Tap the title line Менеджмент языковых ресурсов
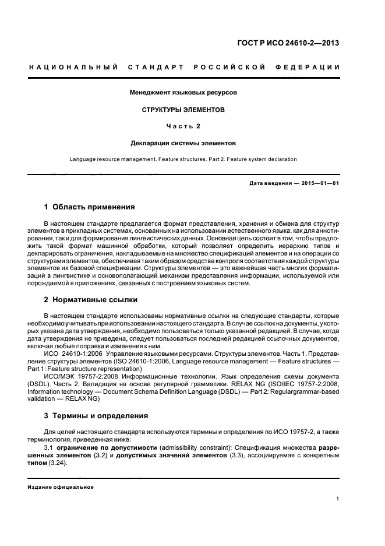pos(183,92)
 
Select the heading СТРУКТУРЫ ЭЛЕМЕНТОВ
pos(183,109)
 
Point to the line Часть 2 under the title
pos(183,125)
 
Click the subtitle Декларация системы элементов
pos(183,142)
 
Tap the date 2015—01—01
pos(320,183)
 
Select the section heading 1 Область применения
pos(90,206)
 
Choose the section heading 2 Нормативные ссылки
pos(91,299)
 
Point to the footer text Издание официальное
pos(61,487)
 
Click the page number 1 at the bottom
pos(338,499)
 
